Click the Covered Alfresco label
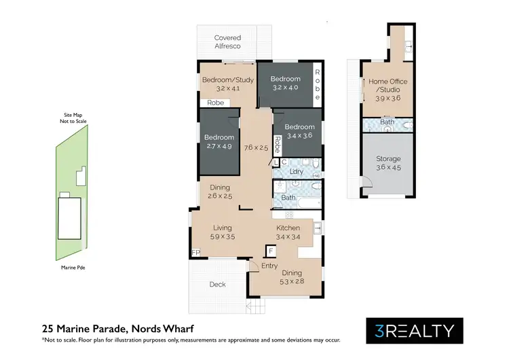(228, 42)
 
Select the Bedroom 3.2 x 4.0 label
(285, 83)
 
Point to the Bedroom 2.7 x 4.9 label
(219, 141)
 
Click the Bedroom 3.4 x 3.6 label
(299, 131)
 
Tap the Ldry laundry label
(296, 172)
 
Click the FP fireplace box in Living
(196, 253)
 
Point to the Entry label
(269, 266)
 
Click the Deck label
(217, 284)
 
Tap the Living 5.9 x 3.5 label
(223, 232)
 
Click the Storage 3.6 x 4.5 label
(388, 163)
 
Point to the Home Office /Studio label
(385, 86)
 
